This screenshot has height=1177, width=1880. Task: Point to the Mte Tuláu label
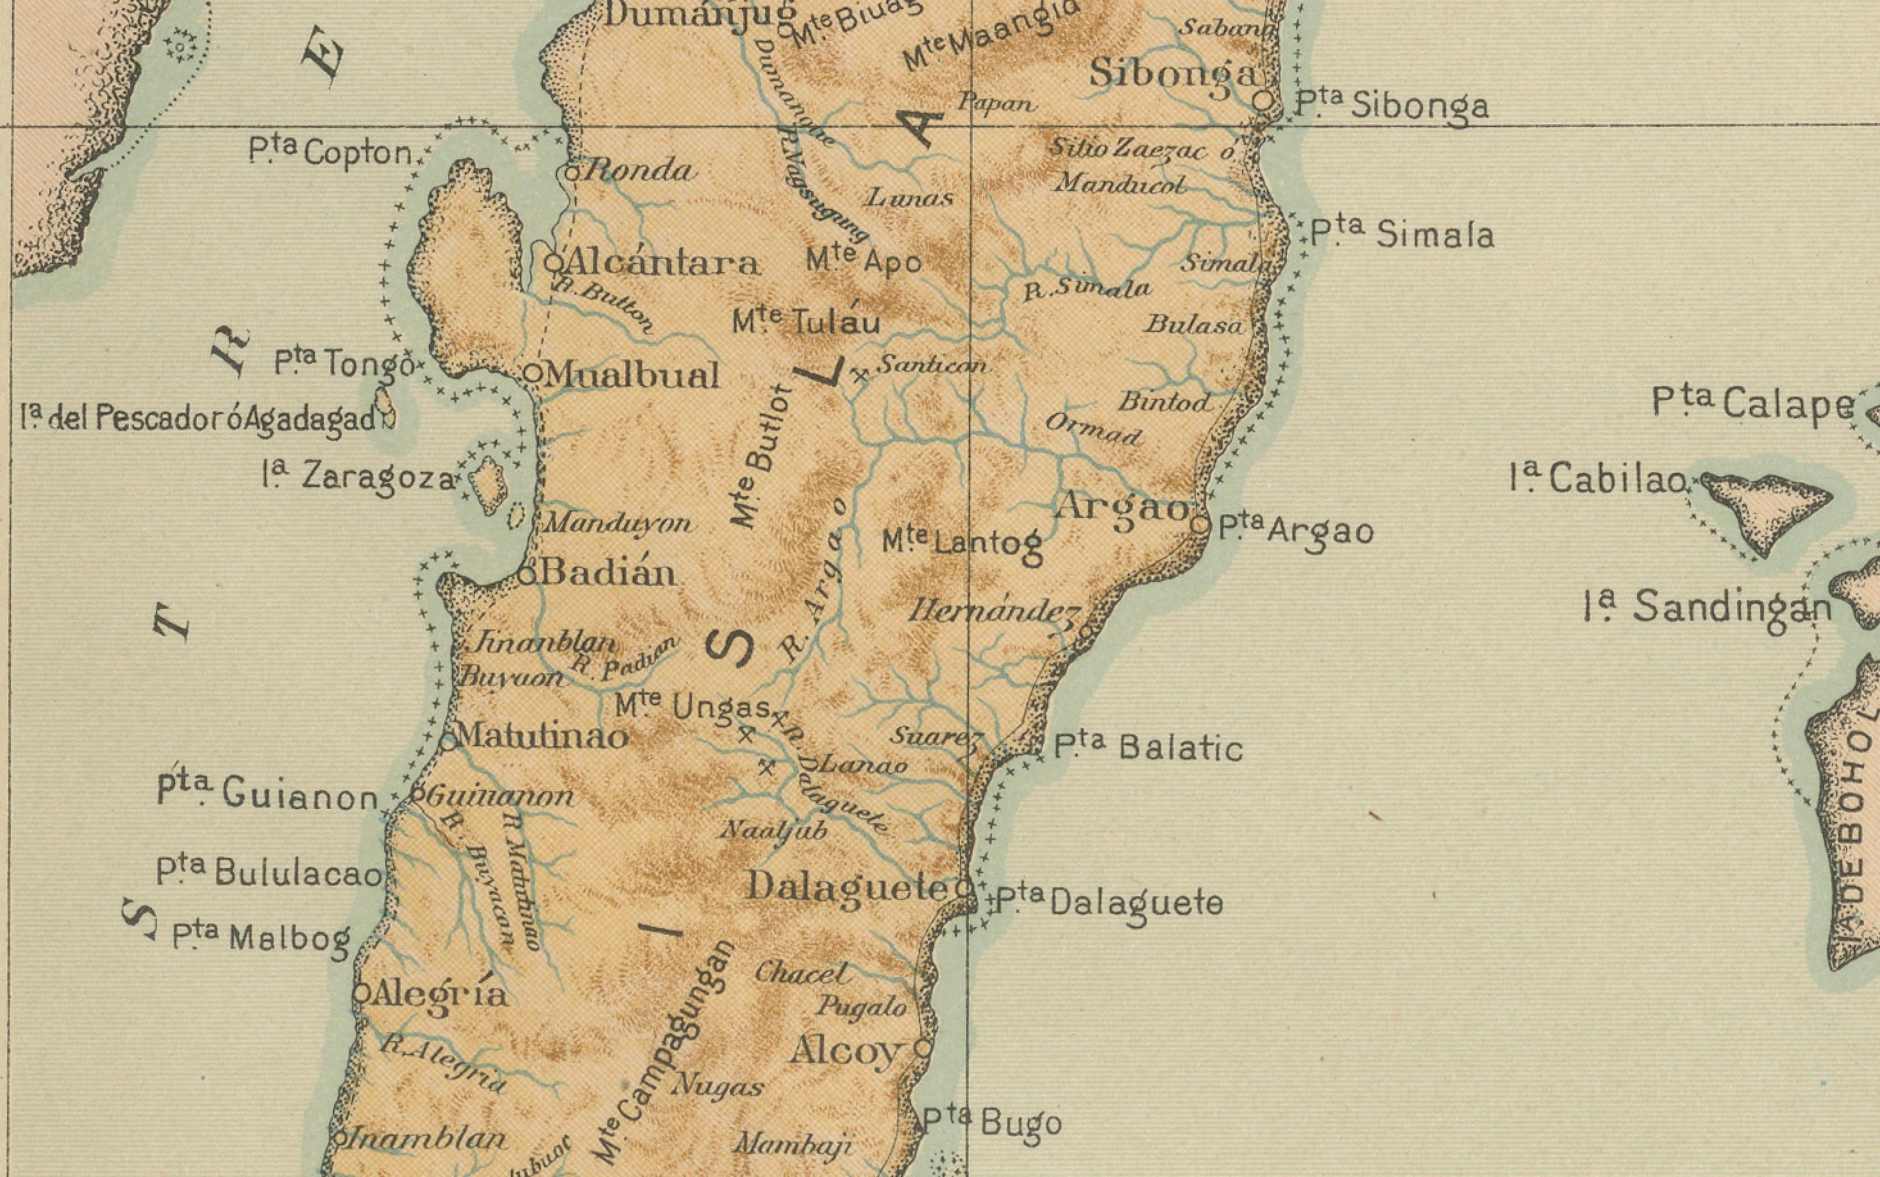coord(806,321)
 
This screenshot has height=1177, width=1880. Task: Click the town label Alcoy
coord(844,1053)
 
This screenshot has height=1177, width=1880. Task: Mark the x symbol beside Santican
coord(859,376)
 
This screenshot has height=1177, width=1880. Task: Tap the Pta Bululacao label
coord(269,872)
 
